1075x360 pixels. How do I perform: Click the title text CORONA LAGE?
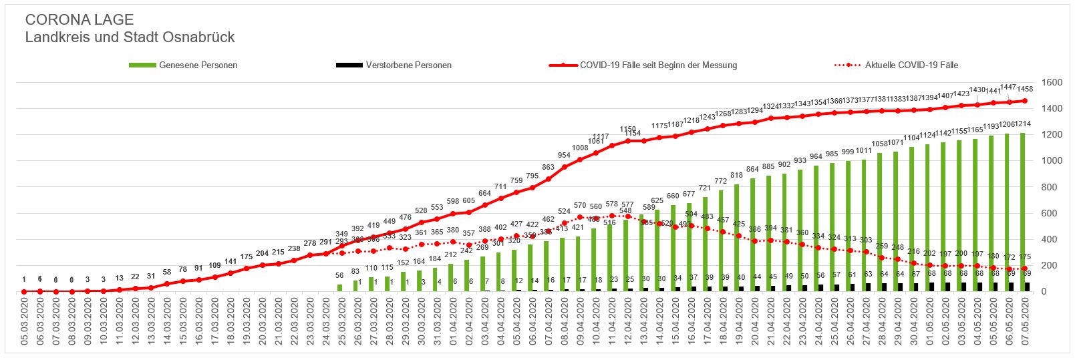[x=80, y=20]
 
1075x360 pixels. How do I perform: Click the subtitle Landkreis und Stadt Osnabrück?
[x=130, y=37]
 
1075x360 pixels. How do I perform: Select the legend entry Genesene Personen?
[x=198, y=65]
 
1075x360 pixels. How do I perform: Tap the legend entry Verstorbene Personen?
[x=408, y=65]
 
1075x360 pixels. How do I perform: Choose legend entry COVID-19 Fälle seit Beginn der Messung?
[x=658, y=65]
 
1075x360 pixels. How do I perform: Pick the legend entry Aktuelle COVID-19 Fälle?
[x=911, y=65]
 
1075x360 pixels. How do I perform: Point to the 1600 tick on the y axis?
[x=1052, y=83]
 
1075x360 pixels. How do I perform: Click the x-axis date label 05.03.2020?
[x=24, y=322]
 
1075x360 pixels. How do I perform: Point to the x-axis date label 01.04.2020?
[x=454, y=322]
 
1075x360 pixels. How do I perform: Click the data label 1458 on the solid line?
[x=1025, y=89]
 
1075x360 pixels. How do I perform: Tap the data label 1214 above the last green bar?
[x=1023, y=124]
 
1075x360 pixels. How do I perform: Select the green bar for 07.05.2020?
[x=1022, y=214]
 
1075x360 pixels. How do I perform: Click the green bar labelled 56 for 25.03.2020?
[x=339, y=288]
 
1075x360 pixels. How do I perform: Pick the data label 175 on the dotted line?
[x=1024, y=257]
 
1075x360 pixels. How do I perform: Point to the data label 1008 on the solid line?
[x=580, y=148]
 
